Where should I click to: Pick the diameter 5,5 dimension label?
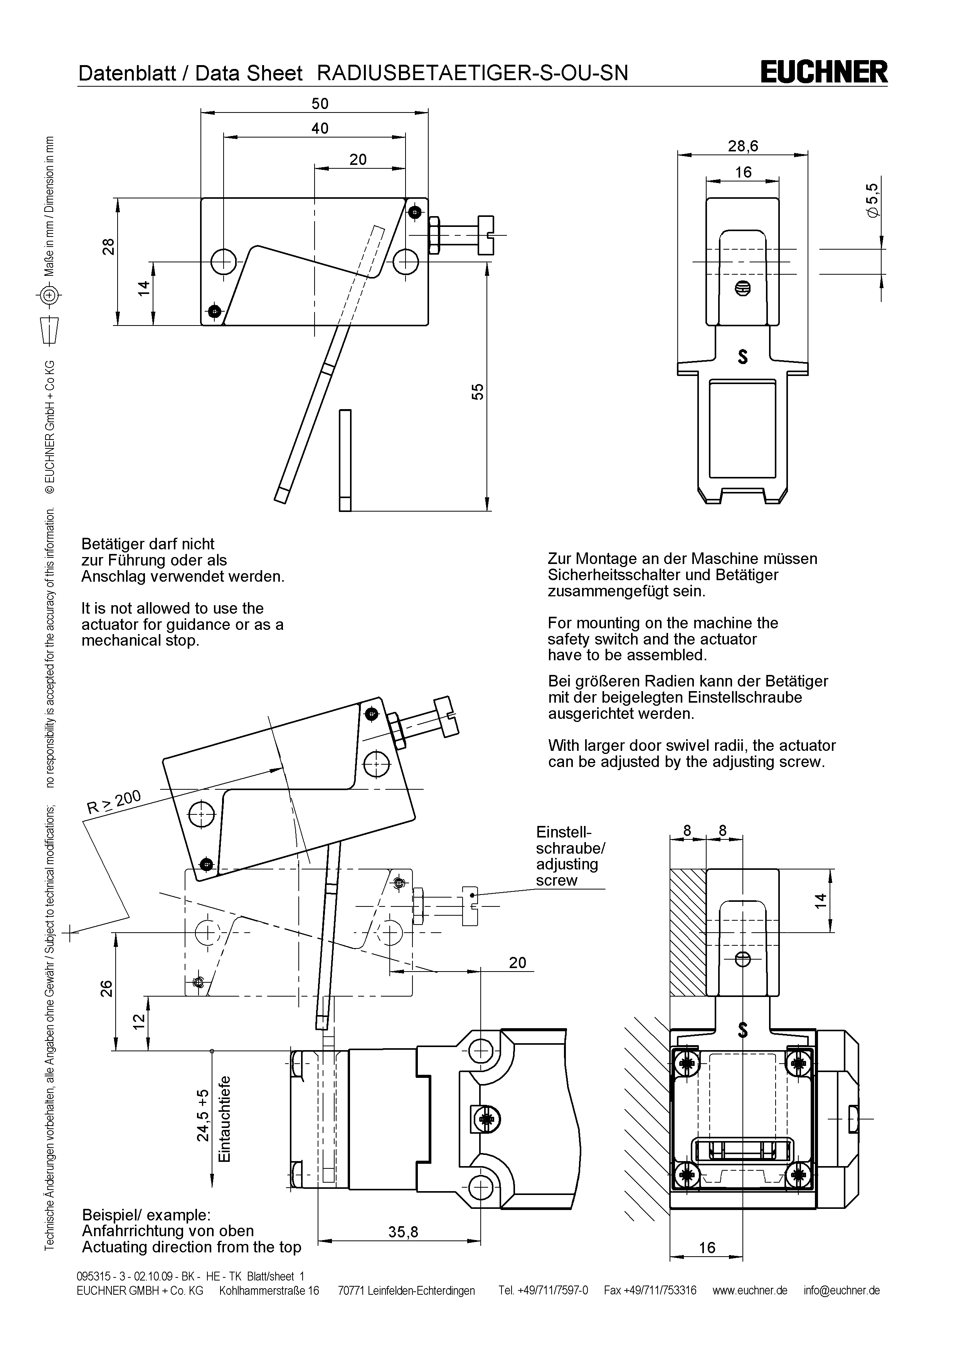(x=872, y=201)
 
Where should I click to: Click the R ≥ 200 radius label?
(x=114, y=802)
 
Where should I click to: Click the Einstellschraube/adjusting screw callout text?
(x=570, y=856)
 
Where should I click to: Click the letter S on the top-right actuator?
(x=743, y=357)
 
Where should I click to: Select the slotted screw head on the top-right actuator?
(x=743, y=288)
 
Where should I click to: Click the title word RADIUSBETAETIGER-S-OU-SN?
(x=473, y=72)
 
